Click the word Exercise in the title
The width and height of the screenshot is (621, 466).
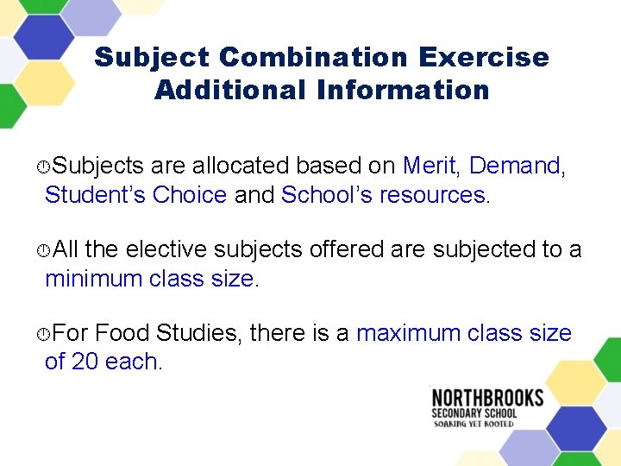[484, 58]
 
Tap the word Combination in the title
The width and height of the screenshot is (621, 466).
[314, 58]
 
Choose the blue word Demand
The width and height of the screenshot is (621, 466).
[514, 166]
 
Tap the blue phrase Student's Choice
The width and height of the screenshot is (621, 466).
[135, 195]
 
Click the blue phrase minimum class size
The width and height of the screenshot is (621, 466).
[149, 279]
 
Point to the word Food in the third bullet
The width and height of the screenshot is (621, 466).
[117, 333]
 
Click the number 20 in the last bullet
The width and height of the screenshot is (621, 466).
[85, 362]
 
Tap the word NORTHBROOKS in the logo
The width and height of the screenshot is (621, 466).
[487, 398]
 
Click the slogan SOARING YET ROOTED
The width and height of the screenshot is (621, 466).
[474, 424]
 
